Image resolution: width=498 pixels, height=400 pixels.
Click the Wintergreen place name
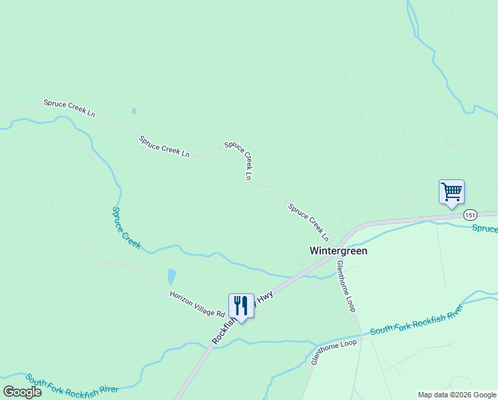click(x=339, y=251)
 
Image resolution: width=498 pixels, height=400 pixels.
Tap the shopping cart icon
click(x=451, y=193)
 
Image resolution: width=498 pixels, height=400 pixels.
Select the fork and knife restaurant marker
click(x=241, y=307)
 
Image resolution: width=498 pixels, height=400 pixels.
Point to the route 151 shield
click(x=471, y=215)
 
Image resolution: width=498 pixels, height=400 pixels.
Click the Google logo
click(x=22, y=391)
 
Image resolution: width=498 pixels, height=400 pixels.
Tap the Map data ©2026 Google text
click(x=457, y=395)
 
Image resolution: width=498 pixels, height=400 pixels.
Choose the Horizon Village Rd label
click(x=197, y=303)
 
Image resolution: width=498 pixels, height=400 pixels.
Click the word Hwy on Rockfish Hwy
click(x=264, y=296)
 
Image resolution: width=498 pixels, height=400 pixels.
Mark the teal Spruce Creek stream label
click(x=126, y=227)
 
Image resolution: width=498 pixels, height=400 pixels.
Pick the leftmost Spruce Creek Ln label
click(x=69, y=108)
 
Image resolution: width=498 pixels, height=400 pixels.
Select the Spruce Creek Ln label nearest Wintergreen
click(x=308, y=223)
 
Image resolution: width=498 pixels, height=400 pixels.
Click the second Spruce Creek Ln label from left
click(x=164, y=147)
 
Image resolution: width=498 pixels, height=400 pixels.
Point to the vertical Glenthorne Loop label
click(x=346, y=285)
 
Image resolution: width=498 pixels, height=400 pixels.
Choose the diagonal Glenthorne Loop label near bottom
click(x=334, y=351)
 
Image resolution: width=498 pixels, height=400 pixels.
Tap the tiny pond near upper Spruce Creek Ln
click(x=134, y=111)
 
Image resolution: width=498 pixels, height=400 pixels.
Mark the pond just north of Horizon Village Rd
click(x=172, y=276)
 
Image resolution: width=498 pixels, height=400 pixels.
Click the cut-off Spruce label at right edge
click(x=485, y=229)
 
